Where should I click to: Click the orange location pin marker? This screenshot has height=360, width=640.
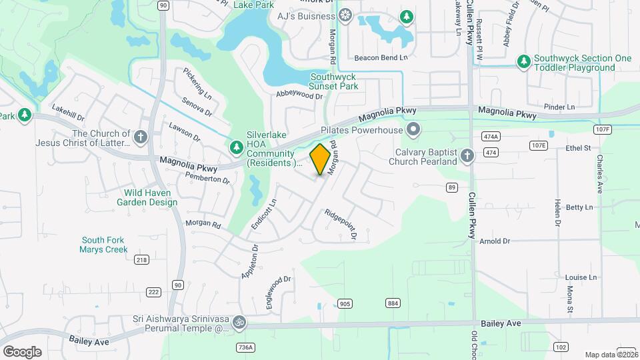click(320, 159)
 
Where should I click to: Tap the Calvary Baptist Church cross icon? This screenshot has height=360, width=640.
click(467, 157)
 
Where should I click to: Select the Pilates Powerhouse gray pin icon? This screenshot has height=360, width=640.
click(413, 129)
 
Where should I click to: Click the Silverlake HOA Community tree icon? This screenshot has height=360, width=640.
click(235, 147)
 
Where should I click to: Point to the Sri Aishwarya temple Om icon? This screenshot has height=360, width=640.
click(238, 323)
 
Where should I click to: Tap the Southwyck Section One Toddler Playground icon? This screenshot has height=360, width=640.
click(524, 62)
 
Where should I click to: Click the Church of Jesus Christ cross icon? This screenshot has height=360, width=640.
click(140, 137)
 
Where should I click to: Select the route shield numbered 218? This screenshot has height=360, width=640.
click(141, 259)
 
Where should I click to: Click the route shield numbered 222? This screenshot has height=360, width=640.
click(153, 292)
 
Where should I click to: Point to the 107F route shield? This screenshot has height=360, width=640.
click(603, 129)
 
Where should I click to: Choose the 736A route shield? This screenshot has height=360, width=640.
click(245, 347)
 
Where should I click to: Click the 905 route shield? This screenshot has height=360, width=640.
click(345, 303)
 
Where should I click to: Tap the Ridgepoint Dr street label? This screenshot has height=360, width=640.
click(341, 225)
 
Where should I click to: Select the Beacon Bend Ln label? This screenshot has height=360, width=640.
click(381, 58)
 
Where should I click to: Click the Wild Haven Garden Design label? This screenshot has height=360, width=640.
click(151, 197)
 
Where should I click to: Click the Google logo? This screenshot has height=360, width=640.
click(22, 351)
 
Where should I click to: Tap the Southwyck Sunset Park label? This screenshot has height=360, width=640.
click(334, 81)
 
